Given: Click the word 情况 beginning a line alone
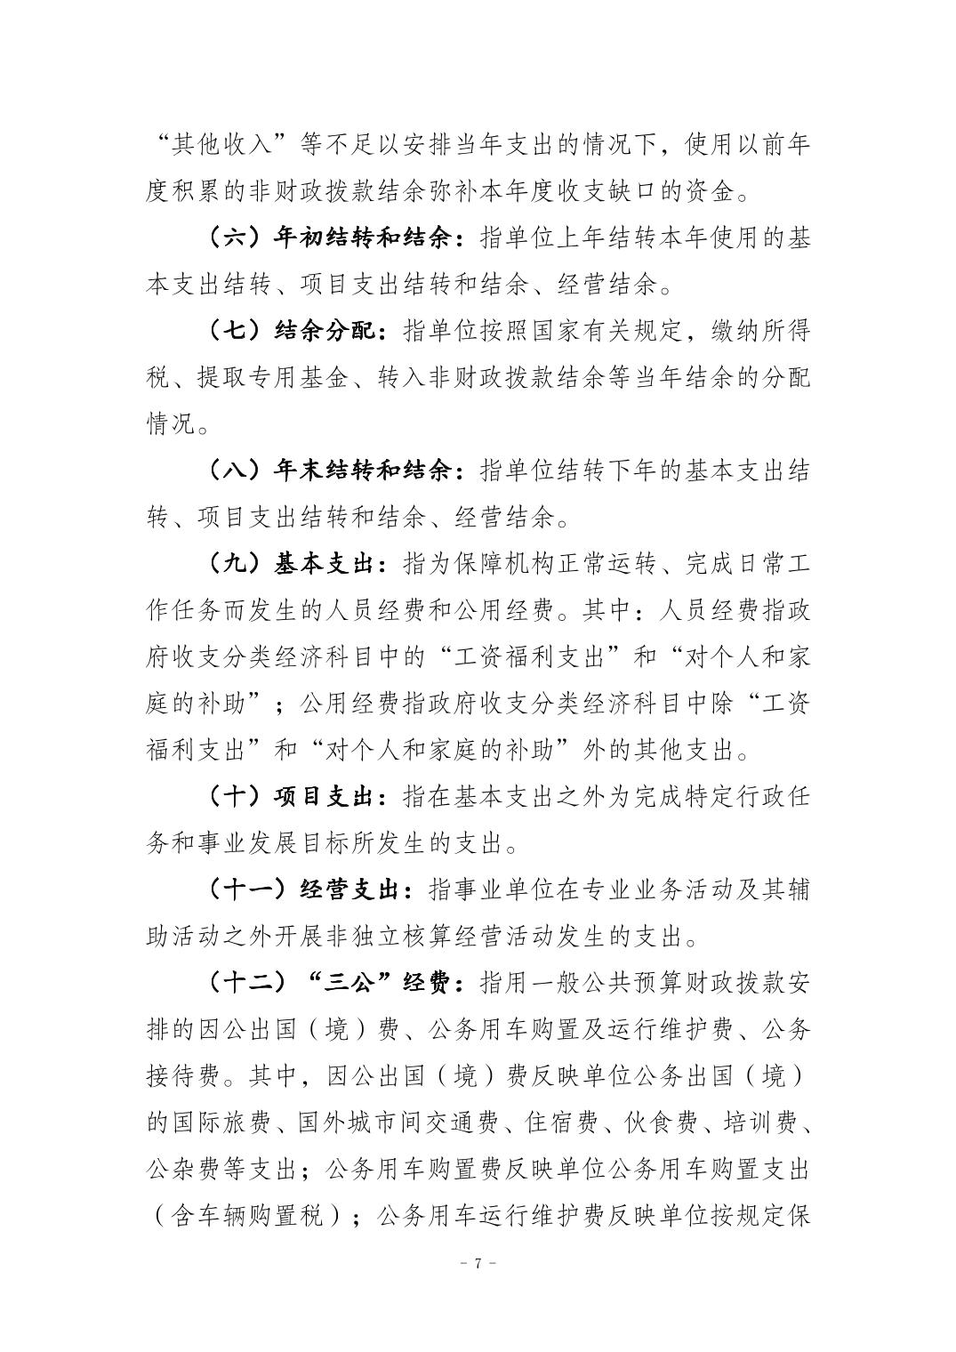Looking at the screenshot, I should [x=170, y=423].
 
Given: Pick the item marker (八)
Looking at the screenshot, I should [x=233, y=470].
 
